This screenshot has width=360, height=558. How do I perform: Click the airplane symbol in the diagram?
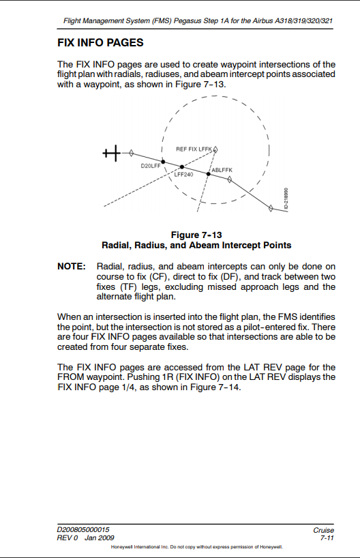click(112, 153)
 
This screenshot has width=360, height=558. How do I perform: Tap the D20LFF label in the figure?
click(149, 166)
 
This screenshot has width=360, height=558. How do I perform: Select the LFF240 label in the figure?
click(183, 174)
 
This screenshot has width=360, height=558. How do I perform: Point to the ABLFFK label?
click(222, 169)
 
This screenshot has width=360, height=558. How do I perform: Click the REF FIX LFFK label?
click(194, 148)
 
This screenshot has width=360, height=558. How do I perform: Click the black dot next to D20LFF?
click(163, 162)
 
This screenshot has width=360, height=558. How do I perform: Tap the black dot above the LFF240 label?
click(181, 166)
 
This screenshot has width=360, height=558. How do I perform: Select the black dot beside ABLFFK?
click(209, 174)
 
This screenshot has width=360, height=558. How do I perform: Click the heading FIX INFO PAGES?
click(100, 43)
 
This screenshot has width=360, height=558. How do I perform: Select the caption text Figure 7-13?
click(196, 235)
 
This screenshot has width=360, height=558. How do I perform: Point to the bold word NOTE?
click(72, 266)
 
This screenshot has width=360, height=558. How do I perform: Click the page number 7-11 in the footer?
click(326, 538)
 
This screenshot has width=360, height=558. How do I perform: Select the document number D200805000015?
click(83, 530)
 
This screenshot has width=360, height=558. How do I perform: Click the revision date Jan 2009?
click(100, 538)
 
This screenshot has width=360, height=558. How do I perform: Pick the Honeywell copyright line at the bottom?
click(196, 547)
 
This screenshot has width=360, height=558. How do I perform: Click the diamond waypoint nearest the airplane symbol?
click(132, 154)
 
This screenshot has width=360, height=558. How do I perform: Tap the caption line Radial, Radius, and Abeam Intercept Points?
click(196, 245)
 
